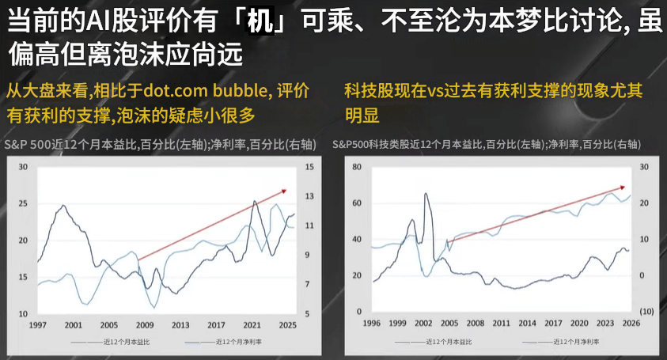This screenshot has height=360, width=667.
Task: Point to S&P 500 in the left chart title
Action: click(29, 145)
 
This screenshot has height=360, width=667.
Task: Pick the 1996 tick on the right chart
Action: click(371, 324)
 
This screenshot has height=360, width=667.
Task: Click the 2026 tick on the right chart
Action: click(631, 324)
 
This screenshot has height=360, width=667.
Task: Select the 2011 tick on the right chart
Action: click(501, 324)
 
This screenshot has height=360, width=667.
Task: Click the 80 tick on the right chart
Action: click(356, 167)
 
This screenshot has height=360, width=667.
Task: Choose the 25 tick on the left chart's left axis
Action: click(23, 203)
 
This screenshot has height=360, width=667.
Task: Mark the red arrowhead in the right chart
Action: click(623, 188)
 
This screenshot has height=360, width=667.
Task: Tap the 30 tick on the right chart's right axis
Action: click(646, 167)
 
